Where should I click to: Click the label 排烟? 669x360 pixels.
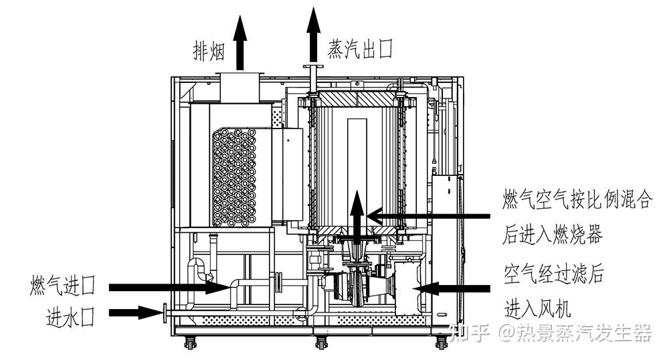coord(209,51)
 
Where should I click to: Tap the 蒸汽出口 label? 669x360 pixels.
coord(360,49)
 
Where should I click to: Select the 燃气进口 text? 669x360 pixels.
coord(63,286)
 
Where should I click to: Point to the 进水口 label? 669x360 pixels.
coord(71,317)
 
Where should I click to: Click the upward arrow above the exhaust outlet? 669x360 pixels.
coord(240,43)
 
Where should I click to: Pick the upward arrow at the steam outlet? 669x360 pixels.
coord(314,35)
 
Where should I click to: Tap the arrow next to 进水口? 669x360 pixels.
coord(136,312)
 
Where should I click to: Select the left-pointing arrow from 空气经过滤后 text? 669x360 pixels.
coord(452,289)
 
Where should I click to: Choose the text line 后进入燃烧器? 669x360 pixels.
coord(552,235)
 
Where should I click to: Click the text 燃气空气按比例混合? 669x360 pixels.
coord(577,199)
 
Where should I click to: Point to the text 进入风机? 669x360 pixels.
coord(538,308)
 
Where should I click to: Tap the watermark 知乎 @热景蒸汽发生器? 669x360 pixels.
coord(551,333)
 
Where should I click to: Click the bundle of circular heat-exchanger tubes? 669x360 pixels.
coord(234,177)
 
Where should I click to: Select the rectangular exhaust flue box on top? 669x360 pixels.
coord(240,88)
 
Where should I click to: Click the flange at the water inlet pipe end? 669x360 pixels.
coord(165,312)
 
